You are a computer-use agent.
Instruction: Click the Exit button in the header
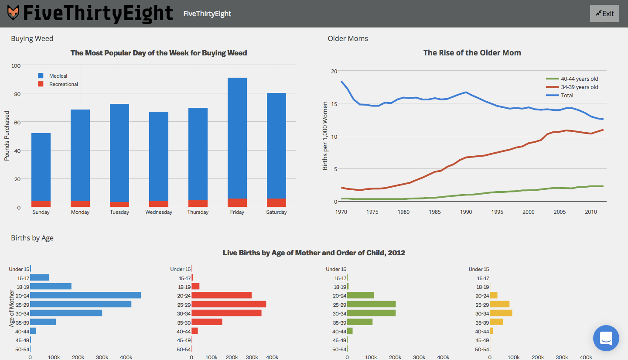tap(604, 14)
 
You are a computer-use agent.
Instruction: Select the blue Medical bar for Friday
tap(237, 138)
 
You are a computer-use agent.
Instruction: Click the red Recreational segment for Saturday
tap(276, 203)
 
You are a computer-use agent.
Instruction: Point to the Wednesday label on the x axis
tap(159, 212)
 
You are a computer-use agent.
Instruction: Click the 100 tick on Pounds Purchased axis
tap(16, 65)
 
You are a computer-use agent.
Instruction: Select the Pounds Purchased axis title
tap(7, 136)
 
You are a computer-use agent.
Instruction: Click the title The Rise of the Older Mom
tap(472, 53)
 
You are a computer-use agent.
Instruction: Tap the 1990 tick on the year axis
tap(466, 212)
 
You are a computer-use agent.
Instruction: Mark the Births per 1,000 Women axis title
tap(325, 136)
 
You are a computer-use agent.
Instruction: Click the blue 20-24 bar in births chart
tap(85, 295)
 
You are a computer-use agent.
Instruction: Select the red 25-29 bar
tap(229, 304)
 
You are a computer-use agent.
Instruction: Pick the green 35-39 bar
tap(360, 322)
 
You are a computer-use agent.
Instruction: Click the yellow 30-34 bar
tap(501, 313)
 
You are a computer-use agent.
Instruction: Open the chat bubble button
tap(606, 338)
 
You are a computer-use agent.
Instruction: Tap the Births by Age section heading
tap(32, 238)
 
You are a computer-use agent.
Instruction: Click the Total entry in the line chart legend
tap(567, 96)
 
